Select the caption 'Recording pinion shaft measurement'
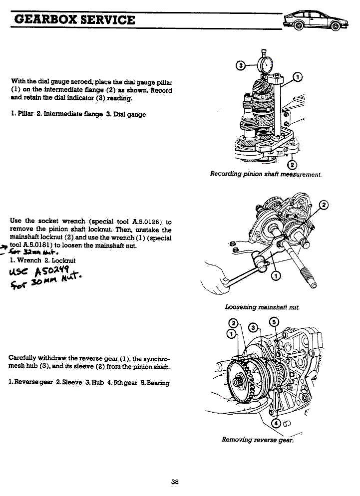[266, 174]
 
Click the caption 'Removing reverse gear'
[258, 440]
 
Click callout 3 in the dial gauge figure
[241, 65]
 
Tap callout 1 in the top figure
[298, 77]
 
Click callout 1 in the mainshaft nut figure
[276, 277]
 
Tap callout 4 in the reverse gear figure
[275, 424]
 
